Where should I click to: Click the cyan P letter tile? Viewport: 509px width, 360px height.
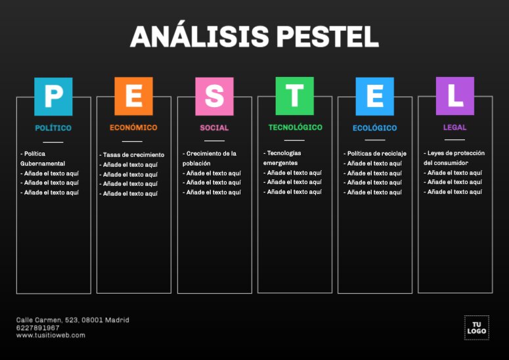point(53,97)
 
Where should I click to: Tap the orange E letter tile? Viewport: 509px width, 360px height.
point(133,97)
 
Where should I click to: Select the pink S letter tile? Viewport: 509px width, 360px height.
point(214,97)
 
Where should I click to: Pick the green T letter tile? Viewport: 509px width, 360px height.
point(294,96)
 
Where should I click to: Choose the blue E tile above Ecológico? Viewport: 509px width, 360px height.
point(374,97)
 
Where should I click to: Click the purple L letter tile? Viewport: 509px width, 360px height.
point(454,96)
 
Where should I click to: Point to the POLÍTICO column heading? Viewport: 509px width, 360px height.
point(53,128)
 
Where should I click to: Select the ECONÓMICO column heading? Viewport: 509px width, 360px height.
point(133,127)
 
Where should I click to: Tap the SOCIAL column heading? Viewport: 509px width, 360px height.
point(214,127)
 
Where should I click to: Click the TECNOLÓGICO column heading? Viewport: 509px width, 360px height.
point(295,127)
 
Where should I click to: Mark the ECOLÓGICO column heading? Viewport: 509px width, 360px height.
point(374,128)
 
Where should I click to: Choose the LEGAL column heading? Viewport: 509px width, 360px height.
point(454,127)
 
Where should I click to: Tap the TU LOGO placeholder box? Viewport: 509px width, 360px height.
point(476,327)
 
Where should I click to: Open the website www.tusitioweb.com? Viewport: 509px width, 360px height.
point(51,335)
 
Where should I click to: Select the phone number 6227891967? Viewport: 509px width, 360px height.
point(37,327)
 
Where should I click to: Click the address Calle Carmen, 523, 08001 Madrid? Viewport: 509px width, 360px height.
point(72,320)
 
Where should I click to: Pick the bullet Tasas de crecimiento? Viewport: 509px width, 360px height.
point(133,155)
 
